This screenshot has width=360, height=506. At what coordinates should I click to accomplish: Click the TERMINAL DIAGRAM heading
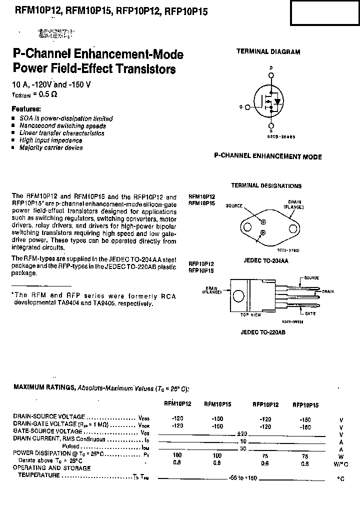point(268,51)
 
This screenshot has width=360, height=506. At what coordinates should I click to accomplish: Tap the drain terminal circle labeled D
point(271,75)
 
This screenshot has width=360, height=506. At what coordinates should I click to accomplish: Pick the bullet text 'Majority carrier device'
point(51,148)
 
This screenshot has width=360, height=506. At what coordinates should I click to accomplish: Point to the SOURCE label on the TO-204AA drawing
point(234,205)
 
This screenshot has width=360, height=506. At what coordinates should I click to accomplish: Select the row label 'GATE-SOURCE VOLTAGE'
point(47,431)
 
